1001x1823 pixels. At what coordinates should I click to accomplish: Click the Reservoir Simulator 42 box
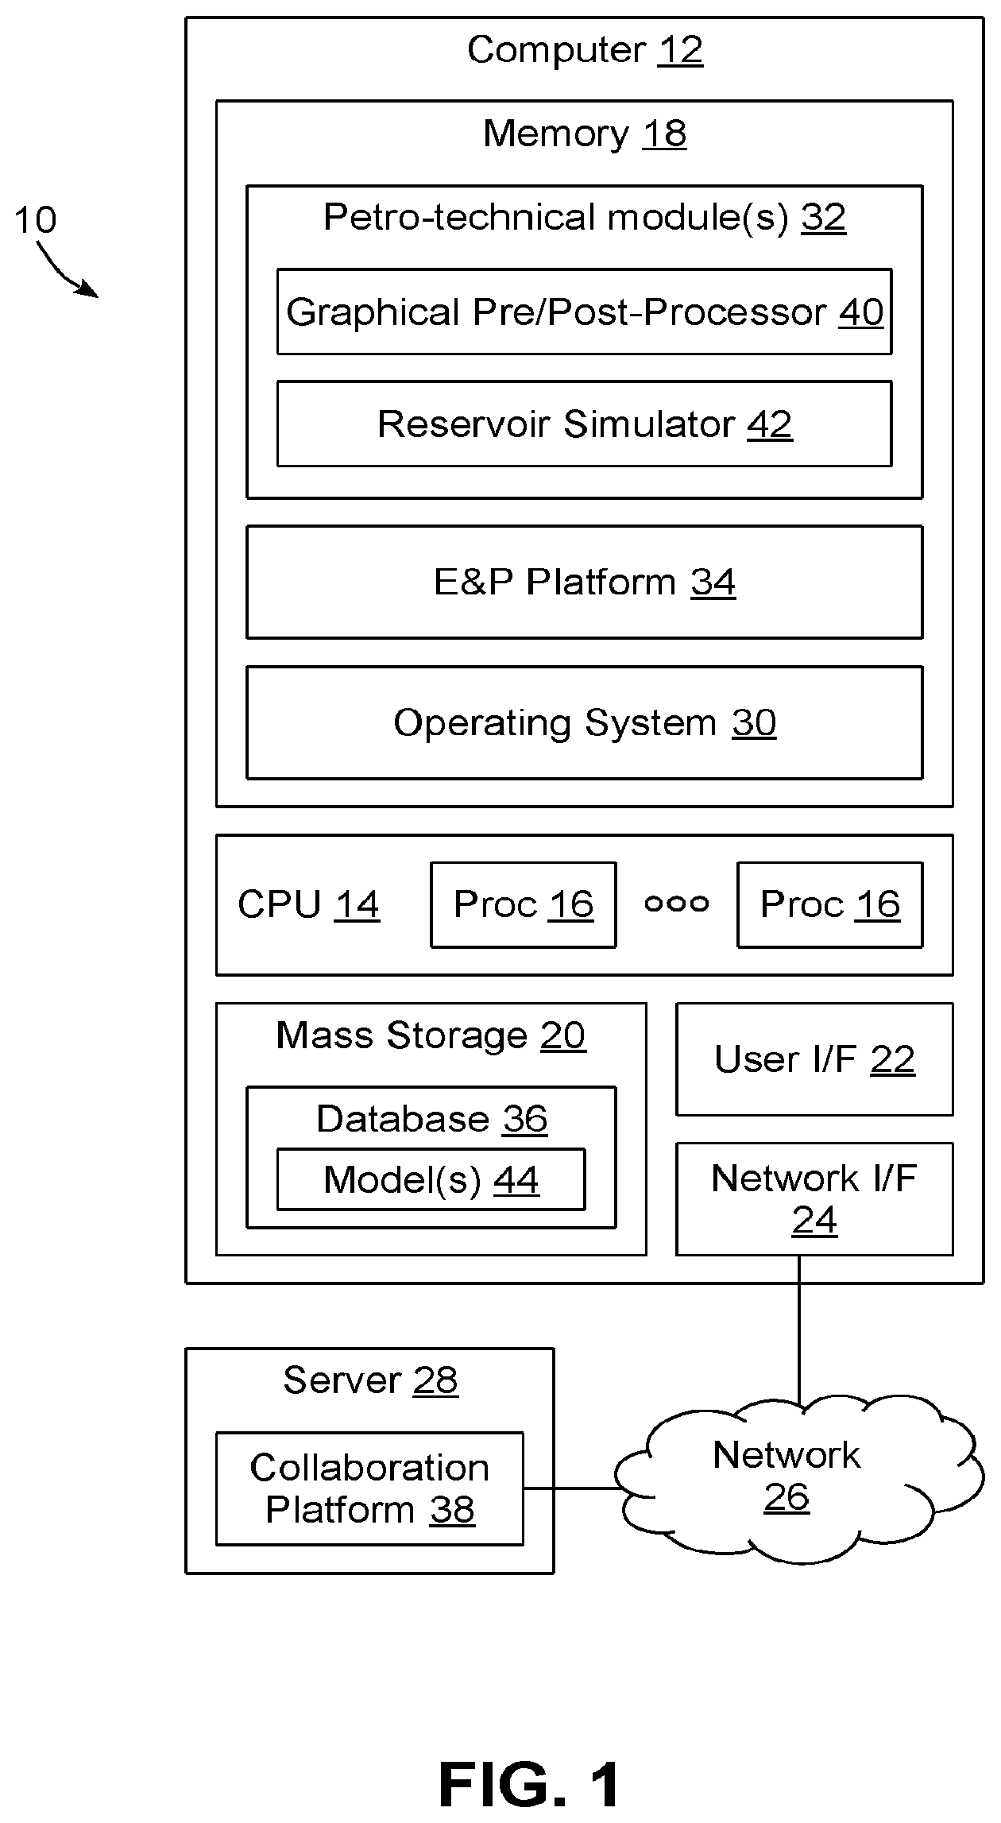tap(584, 424)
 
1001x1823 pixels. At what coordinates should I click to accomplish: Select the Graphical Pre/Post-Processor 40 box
tap(584, 312)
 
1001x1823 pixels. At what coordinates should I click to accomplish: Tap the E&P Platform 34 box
tap(584, 582)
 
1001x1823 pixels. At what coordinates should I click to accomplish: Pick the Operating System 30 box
tap(584, 722)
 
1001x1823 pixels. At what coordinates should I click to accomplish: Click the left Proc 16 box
tap(523, 904)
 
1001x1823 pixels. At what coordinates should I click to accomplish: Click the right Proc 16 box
tap(830, 904)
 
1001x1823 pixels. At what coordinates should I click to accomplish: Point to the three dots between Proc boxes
tap(677, 904)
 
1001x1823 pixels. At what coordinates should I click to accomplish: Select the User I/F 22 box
tap(814, 1059)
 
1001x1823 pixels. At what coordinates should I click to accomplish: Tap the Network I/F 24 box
tap(814, 1199)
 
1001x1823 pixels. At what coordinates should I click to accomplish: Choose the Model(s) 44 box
tap(431, 1179)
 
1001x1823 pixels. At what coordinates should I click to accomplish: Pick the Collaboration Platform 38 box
tap(369, 1488)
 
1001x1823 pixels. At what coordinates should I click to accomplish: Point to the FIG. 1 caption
tap(530, 1784)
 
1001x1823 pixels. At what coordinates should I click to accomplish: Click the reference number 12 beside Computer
tap(681, 50)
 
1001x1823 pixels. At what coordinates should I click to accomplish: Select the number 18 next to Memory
tap(665, 134)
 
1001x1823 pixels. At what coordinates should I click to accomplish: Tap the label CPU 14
tap(308, 904)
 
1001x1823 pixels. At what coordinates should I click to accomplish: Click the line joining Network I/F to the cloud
tap(799, 1331)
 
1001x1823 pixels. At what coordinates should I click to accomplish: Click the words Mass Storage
tap(401, 1035)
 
